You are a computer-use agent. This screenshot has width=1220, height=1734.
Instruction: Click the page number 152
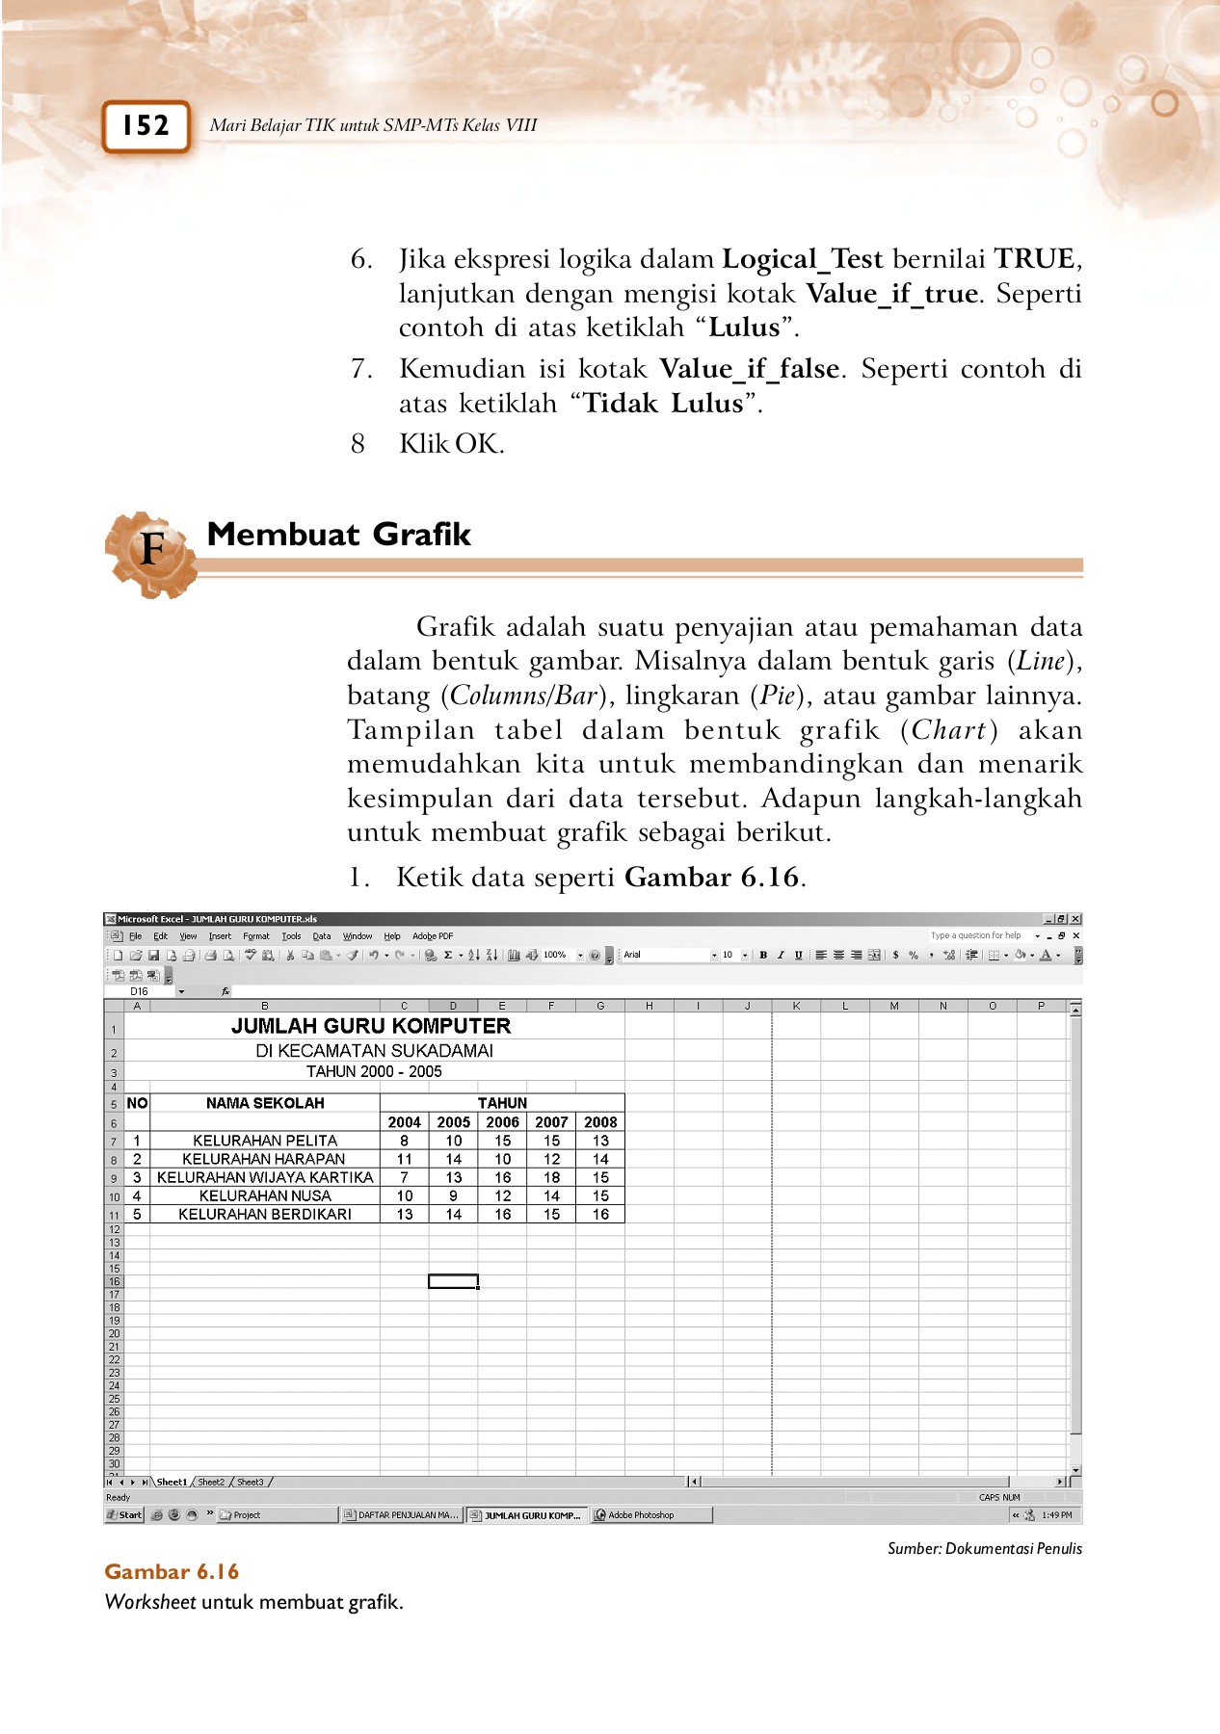(x=146, y=126)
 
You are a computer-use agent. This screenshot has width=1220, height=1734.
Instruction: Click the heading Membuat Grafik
(x=338, y=535)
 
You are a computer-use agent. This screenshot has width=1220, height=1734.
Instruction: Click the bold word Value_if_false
(x=749, y=369)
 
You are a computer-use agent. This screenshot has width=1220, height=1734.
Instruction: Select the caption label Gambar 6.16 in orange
(x=172, y=1572)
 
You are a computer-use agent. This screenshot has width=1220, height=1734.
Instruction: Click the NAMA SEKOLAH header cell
(x=265, y=1103)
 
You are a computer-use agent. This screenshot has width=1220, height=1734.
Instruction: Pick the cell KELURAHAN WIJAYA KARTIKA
(x=265, y=1177)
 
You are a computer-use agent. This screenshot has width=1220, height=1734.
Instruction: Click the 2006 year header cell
(x=502, y=1122)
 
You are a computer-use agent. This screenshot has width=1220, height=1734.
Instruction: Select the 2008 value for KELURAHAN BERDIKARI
(x=600, y=1215)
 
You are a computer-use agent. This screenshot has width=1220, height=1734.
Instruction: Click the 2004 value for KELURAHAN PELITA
(x=405, y=1141)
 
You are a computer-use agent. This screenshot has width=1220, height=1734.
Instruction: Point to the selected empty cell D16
(x=453, y=1281)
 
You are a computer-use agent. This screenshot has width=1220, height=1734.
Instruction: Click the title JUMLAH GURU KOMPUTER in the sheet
(x=371, y=1027)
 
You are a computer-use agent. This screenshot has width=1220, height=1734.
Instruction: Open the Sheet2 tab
(x=211, y=1483)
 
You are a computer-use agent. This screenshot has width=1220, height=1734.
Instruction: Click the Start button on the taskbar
(x=124, y=1515)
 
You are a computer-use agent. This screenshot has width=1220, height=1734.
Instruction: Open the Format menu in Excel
(x=255, y=936)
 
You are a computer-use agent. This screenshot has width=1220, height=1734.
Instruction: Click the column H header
(x=650, y=1006)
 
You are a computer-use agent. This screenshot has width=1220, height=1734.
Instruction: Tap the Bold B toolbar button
(x=763, y=956)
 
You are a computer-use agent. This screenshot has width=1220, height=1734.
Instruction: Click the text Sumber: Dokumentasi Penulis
(x=984, y=1549)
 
